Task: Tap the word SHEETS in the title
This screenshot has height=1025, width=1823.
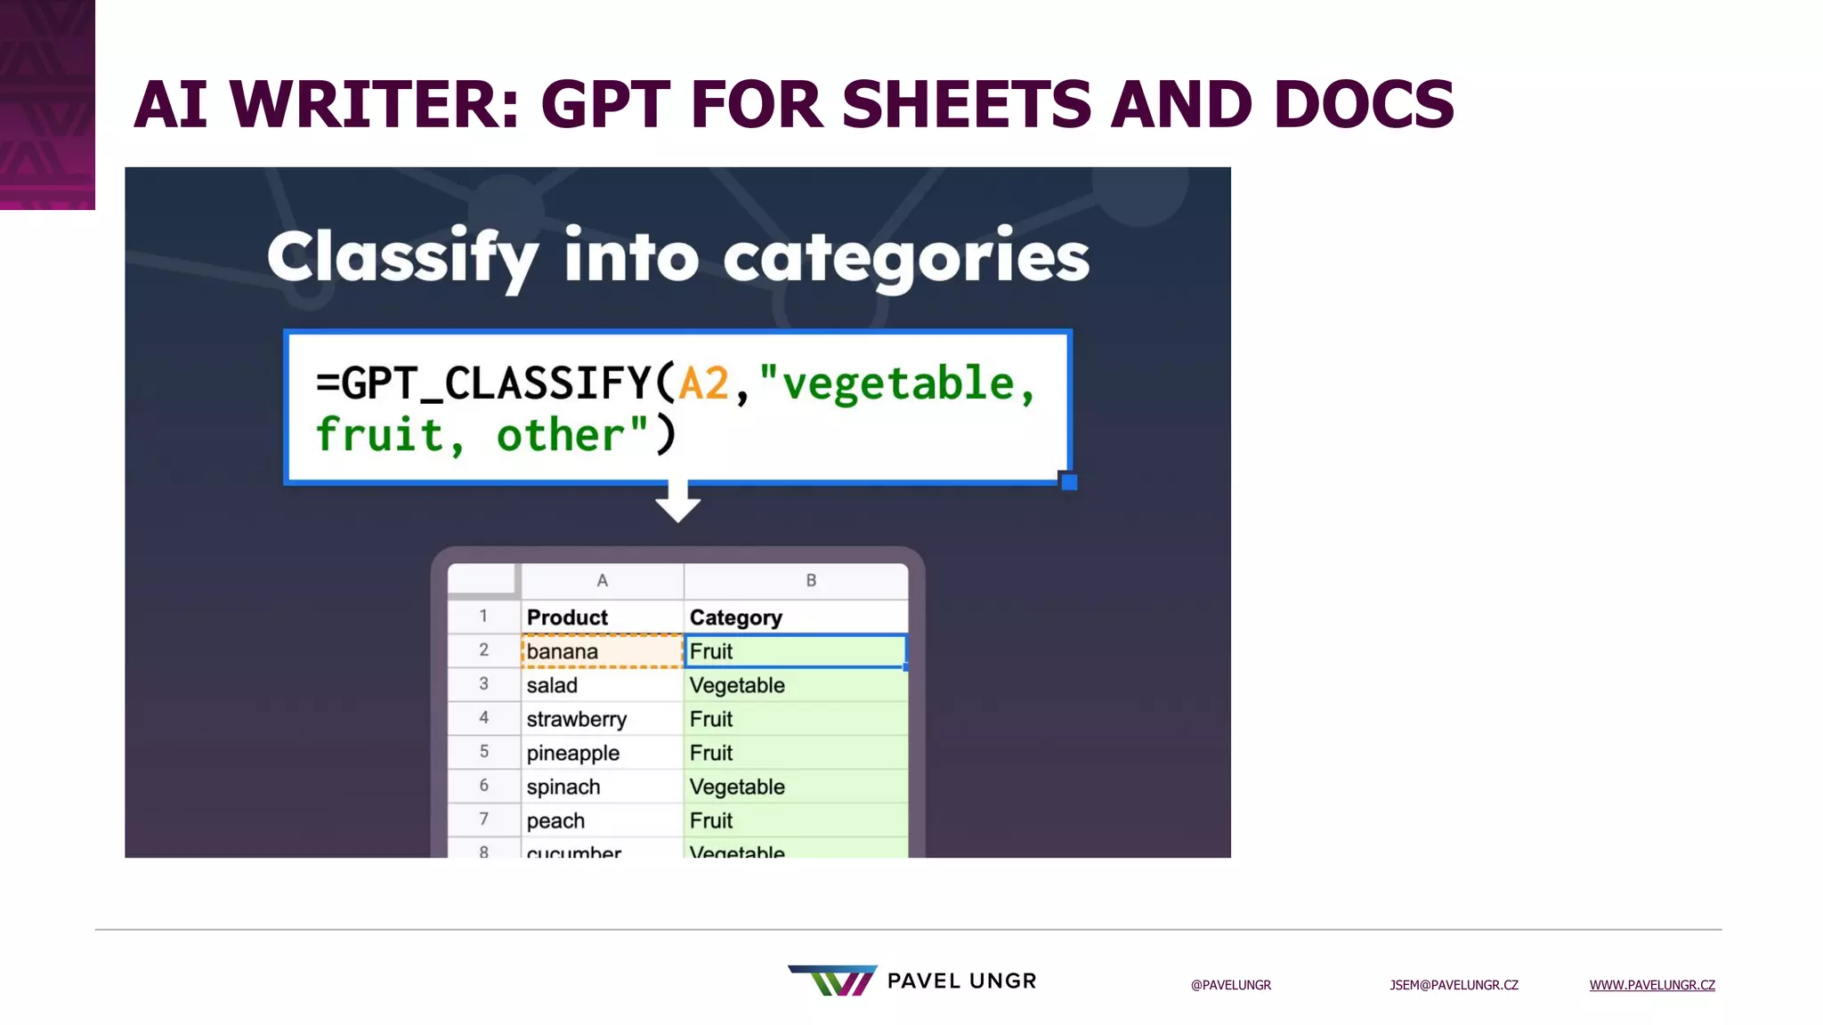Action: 966,105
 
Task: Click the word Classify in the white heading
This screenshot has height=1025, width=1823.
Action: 402,257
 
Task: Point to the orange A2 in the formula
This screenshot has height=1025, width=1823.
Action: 703,384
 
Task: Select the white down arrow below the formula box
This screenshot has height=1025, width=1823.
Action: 677,503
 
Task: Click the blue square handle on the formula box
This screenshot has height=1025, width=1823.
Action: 1069,481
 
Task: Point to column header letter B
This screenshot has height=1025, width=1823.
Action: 811,581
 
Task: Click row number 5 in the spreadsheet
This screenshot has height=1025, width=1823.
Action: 484,752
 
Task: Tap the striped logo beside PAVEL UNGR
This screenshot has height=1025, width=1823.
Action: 833,981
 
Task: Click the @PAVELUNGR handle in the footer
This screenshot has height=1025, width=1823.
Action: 1231,985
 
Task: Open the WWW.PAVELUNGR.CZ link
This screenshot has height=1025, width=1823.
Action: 1652,985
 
